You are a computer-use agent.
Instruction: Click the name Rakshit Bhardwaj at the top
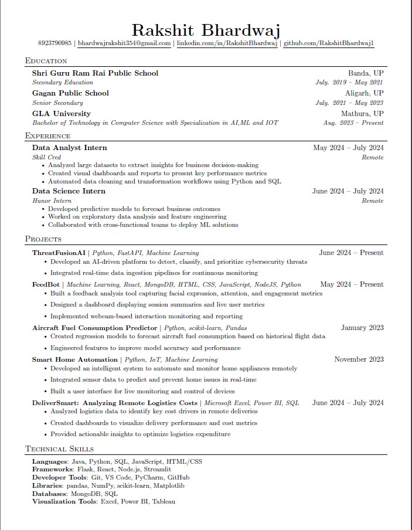pyautogui.click(x=206, y=30)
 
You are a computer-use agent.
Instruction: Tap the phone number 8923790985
pyautogui.click(x=55, y=43)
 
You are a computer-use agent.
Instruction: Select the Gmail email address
pyautogui.click(x=124, y=43)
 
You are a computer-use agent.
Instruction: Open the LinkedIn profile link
pyautogui.click(x=227, y=43)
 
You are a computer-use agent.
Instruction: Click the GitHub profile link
pyautogui.click(x=329, y=43)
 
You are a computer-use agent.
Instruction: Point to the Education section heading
pyautogui.click(x=46, y=60)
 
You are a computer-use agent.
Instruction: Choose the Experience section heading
pyautogui.click(x=48, y=136)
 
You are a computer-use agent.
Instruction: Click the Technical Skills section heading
pyautogui.click(x=59, y=449)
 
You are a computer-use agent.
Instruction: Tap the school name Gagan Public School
pyautogui.click(x=70, y=93)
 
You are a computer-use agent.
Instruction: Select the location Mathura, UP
pyautogui.click(x=362, y=114)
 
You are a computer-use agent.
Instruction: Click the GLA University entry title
pyautogui.click(x=62, y=114)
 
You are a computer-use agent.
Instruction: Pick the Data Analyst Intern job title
pyautogui.click(x=70, y=148)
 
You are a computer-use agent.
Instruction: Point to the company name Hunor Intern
pyautogui.click(x=52, y=201)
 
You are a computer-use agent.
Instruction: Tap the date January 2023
pyautogui.click(x=362, y=328)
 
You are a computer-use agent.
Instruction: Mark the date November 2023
pyautogui.click(x=359, y=359)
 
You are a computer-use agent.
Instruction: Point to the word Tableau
pyautogui.click(x=164, y=501)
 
